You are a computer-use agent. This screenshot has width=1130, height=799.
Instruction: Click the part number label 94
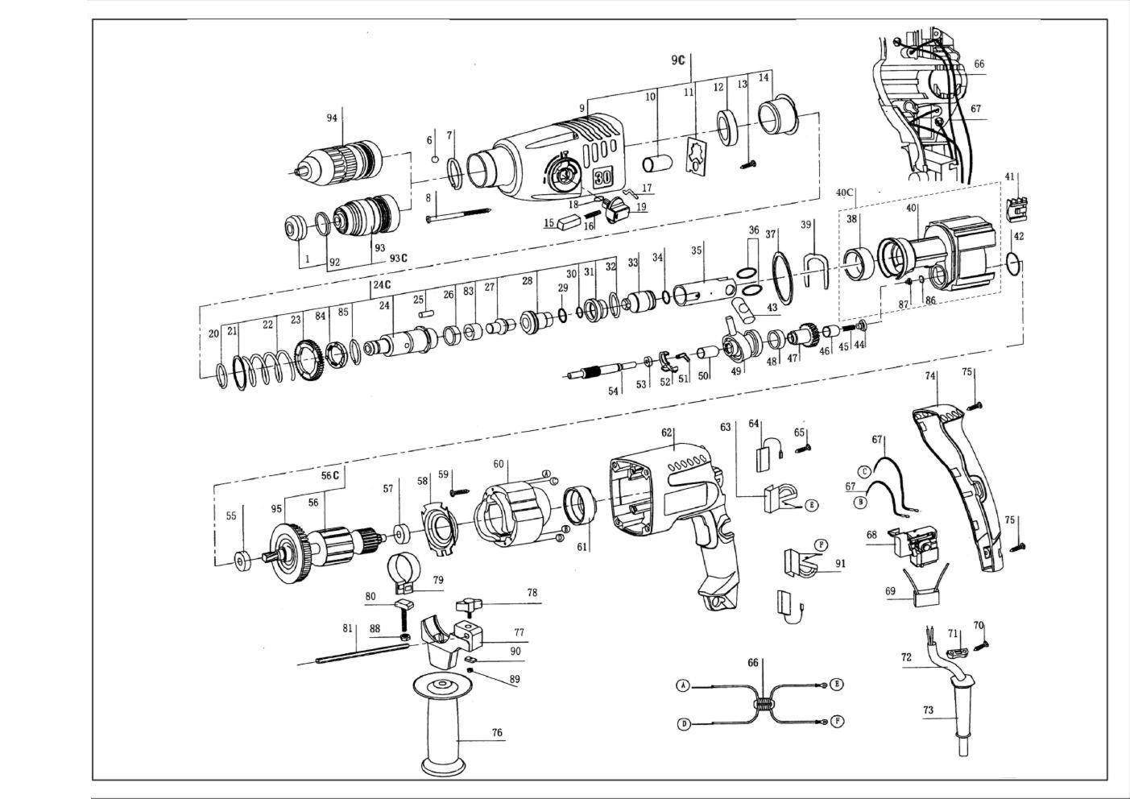tap(332, 118)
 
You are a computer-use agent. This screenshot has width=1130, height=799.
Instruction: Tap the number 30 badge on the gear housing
tap(603, 177)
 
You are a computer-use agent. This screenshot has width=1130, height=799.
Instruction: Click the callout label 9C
tap(678, 60)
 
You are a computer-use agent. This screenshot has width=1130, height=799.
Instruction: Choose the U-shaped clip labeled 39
tap(815, 271)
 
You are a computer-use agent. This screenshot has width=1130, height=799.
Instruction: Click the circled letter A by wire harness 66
tap(683, 686)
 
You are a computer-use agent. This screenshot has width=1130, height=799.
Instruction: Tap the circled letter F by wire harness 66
tap(837, 722)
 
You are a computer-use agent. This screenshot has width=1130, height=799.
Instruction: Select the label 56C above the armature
tap(330, 476)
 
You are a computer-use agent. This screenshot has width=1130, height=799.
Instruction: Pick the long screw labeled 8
tap(458, 214)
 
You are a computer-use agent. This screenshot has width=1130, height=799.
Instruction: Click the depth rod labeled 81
tap(362, 653)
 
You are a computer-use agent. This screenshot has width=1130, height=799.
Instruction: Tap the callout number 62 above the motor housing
tap(667, 433)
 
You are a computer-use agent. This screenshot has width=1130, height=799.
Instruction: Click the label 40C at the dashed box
tap(844, 193)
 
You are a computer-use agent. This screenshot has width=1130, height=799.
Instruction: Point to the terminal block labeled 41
tap(1017, 209)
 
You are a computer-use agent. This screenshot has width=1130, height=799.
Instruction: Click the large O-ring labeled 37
tap(782, 279)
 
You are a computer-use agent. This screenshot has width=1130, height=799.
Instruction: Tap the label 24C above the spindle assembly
tap(382, 284)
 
